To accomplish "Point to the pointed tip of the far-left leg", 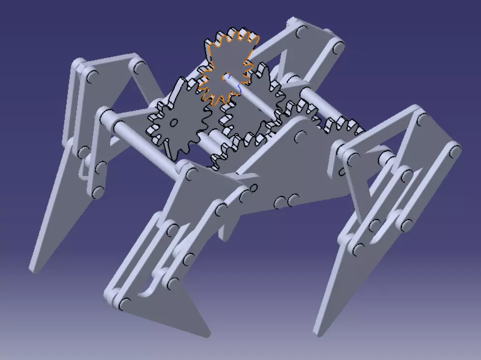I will [34, 268].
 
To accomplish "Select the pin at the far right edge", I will [454, 150].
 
